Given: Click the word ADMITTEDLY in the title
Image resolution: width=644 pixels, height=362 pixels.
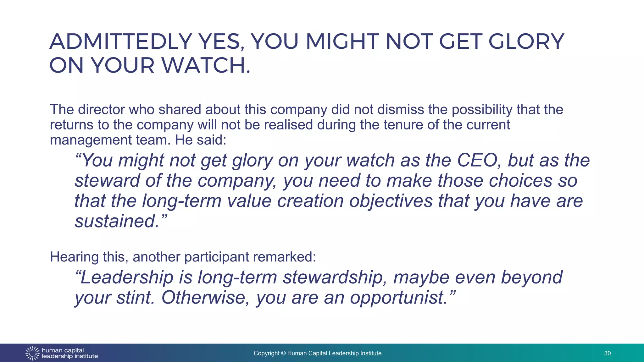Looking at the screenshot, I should click(121, 41).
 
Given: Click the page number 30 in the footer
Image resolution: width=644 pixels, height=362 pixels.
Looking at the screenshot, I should click(607, 353).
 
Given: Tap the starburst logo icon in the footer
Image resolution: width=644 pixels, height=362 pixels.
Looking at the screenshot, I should click(32, 353).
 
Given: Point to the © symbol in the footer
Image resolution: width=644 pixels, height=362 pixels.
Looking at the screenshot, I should click(283, 353).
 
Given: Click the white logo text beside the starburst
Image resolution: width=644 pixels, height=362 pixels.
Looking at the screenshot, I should click(70, 353).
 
